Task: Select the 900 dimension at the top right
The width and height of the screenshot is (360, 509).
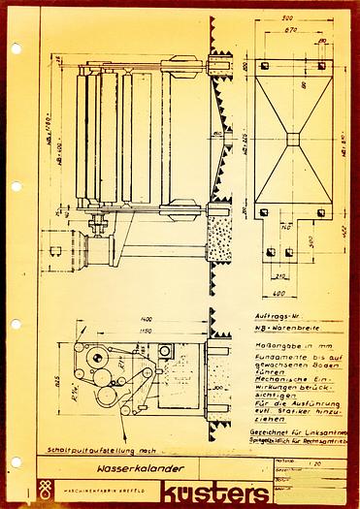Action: pos(289,18)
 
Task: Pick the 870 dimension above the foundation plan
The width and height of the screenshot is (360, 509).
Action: pos(289,30)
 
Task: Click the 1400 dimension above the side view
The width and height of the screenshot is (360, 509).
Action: pos(146,319)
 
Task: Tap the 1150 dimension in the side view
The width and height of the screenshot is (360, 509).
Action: pos(146,332)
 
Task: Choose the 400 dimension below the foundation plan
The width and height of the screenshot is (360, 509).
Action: pos(278,291)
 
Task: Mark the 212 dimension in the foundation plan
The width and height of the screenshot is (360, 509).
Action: pos(272,251)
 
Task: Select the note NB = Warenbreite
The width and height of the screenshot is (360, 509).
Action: pos(282,331)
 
